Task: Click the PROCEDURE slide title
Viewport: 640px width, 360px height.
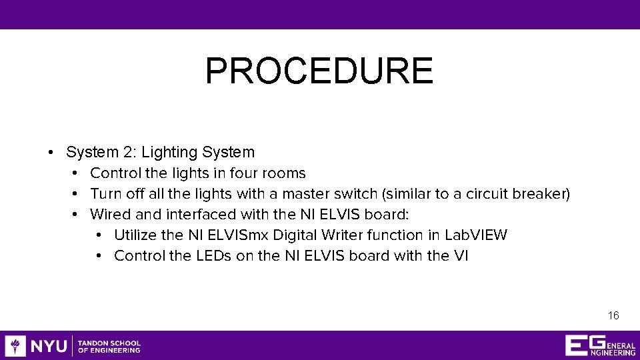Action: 319,71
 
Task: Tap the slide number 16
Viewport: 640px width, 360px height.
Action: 613,315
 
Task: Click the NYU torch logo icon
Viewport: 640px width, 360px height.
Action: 15,345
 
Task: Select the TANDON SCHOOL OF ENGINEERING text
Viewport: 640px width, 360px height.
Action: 109,346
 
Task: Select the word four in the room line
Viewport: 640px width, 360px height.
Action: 245,173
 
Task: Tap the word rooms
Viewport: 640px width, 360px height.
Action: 285,173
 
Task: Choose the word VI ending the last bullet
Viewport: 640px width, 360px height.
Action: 461,256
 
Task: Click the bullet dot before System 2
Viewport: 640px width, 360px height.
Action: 51,153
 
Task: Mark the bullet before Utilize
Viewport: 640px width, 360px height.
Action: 99,235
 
